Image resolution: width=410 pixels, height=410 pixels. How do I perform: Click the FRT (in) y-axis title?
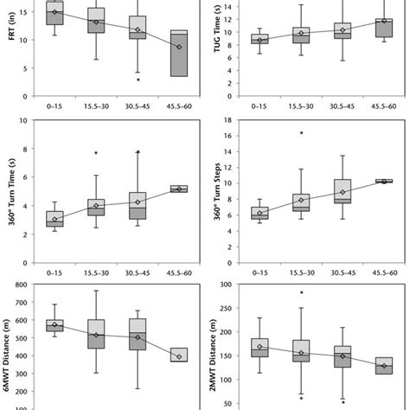[x=10, y=39]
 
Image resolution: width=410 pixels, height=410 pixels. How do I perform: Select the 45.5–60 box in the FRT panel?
[x=178, y=54]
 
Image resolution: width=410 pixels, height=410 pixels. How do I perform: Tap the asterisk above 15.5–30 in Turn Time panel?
[x=96, y=154]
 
